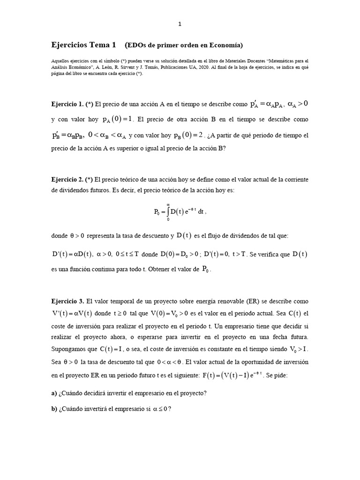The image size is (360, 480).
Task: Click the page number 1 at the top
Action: pyautogui.click(x=180, y=24)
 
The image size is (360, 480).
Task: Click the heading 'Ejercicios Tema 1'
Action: pyautogui.click(x=83, y=45)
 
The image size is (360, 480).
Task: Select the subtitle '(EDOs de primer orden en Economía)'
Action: pyautogui.click(x=184, y=45)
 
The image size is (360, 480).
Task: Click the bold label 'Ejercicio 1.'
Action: pyautogui.click(x=68, y=103)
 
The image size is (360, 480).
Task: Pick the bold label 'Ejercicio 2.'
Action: pyautogui.click(x=68, y=180)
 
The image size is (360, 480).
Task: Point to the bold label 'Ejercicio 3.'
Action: pyautogui.click(x=68, y=300)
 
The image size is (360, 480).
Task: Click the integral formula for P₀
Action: pyautogui.click(x=180, y=211)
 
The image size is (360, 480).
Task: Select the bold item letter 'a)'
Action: pyautogui.click(x=54, y=393)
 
